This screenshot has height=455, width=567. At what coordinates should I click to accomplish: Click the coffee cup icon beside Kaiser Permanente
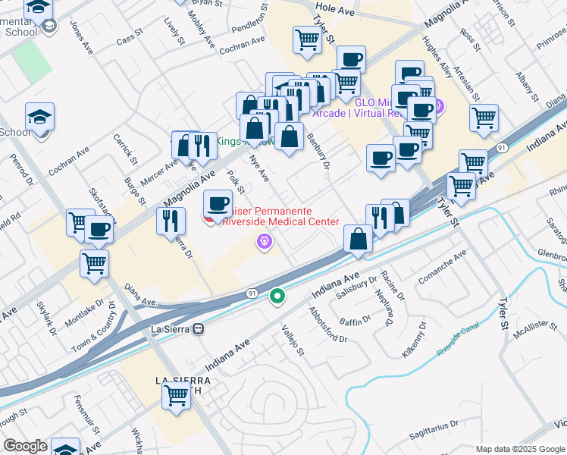[x=218, y=204]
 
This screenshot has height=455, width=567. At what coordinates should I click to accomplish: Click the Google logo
[x=26, y=446]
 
